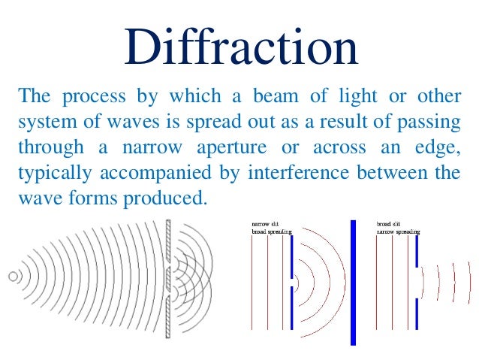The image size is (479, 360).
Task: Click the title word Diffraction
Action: [239, 47]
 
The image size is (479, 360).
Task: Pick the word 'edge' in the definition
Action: [441, 148]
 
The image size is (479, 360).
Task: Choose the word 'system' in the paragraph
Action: [43, 123]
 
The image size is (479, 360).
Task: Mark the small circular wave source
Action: [13, 277]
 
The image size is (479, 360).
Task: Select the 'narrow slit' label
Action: [265, 223]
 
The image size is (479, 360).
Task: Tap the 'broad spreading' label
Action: [270, 231]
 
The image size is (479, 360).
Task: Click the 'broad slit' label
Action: [389, 223]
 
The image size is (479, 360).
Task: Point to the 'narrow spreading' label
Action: [398, 231]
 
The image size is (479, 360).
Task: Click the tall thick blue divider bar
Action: [353, 282]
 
